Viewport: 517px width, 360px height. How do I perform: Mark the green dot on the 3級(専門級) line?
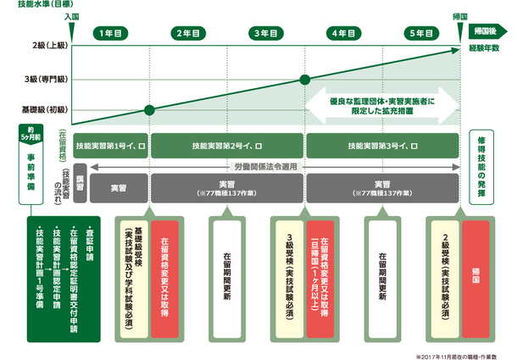[304, 80]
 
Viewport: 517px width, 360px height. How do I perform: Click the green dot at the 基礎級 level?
[150, 110]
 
